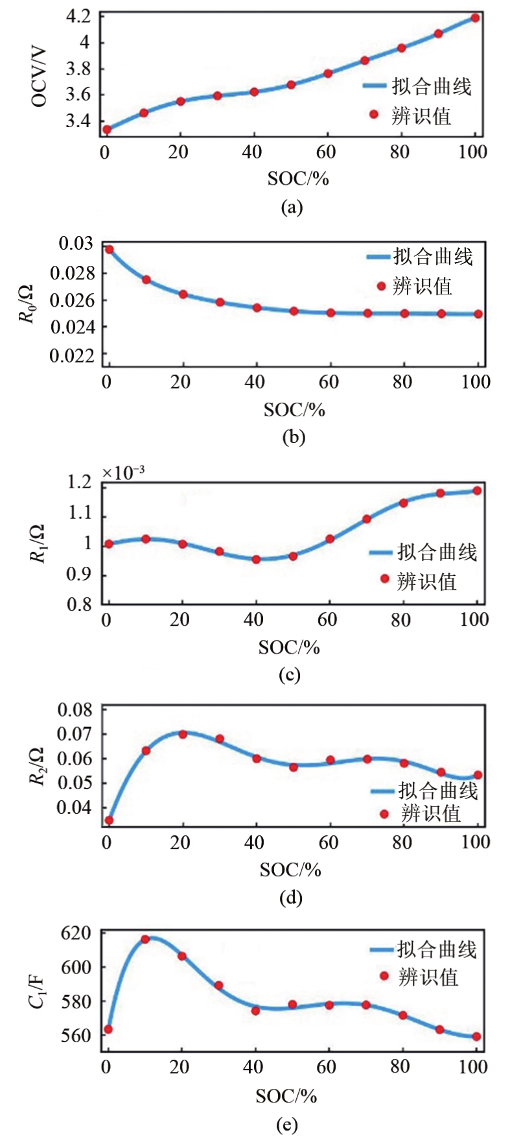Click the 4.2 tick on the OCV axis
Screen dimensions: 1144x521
(78, 16)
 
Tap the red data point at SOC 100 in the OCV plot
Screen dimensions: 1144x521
(475, 18)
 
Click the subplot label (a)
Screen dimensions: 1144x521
(292, 207)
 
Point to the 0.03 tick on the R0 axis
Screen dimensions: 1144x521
(76, 244)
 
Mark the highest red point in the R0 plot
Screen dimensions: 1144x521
(109, 249)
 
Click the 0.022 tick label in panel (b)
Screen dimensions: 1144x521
(71, 355)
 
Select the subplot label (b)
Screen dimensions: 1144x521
(294, 436)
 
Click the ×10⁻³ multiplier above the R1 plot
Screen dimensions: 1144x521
(123, 473)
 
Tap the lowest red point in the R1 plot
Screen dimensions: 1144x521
(256, 559)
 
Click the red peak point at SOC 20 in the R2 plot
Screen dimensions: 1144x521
(183, 734)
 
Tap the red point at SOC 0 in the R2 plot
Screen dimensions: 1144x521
(109, 820)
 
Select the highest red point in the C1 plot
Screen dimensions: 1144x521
(145, 939)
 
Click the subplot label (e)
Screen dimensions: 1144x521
(286, 1125)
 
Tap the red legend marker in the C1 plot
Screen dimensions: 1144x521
(384, 975)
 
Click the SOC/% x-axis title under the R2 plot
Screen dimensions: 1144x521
(290, 870)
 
